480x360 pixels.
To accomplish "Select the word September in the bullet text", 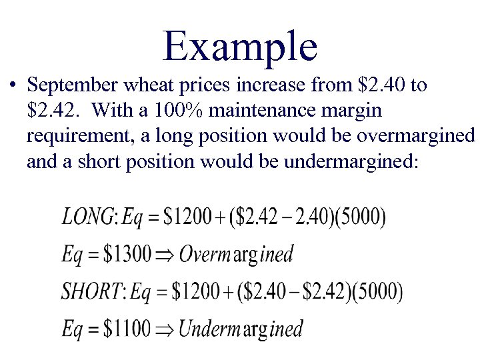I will point(70,86).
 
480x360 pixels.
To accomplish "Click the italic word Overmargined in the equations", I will point(236,254).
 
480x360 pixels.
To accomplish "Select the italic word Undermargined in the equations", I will point(241,328).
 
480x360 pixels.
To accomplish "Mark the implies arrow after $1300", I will point(163,255).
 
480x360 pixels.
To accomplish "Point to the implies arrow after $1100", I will point(163,329).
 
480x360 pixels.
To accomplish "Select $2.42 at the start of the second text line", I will point(49,111).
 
